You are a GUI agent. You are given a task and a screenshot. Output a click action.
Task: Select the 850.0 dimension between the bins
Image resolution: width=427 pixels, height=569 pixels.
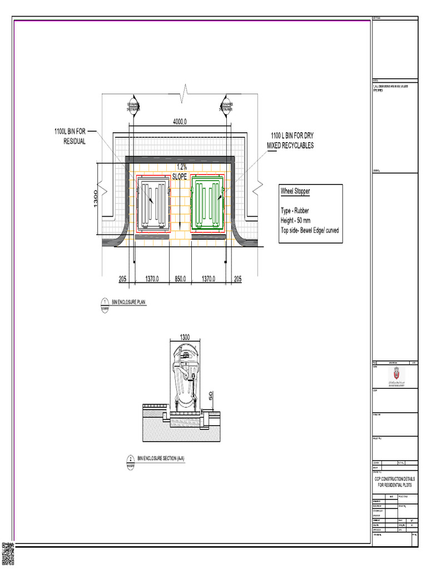(181, 279)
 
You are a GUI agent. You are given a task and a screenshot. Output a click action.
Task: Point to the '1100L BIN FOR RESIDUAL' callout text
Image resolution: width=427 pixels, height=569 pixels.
(70, 136)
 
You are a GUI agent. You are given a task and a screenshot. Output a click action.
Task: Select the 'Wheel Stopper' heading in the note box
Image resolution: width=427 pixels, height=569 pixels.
(295, 191)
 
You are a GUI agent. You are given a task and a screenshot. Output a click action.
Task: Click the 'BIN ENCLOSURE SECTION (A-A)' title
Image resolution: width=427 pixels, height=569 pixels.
(161, 458)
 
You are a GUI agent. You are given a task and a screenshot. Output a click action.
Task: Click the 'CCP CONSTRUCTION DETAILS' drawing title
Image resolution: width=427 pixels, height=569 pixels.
(394, 478)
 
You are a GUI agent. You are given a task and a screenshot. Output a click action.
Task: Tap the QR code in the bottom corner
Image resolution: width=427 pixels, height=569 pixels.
(7, 553)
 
